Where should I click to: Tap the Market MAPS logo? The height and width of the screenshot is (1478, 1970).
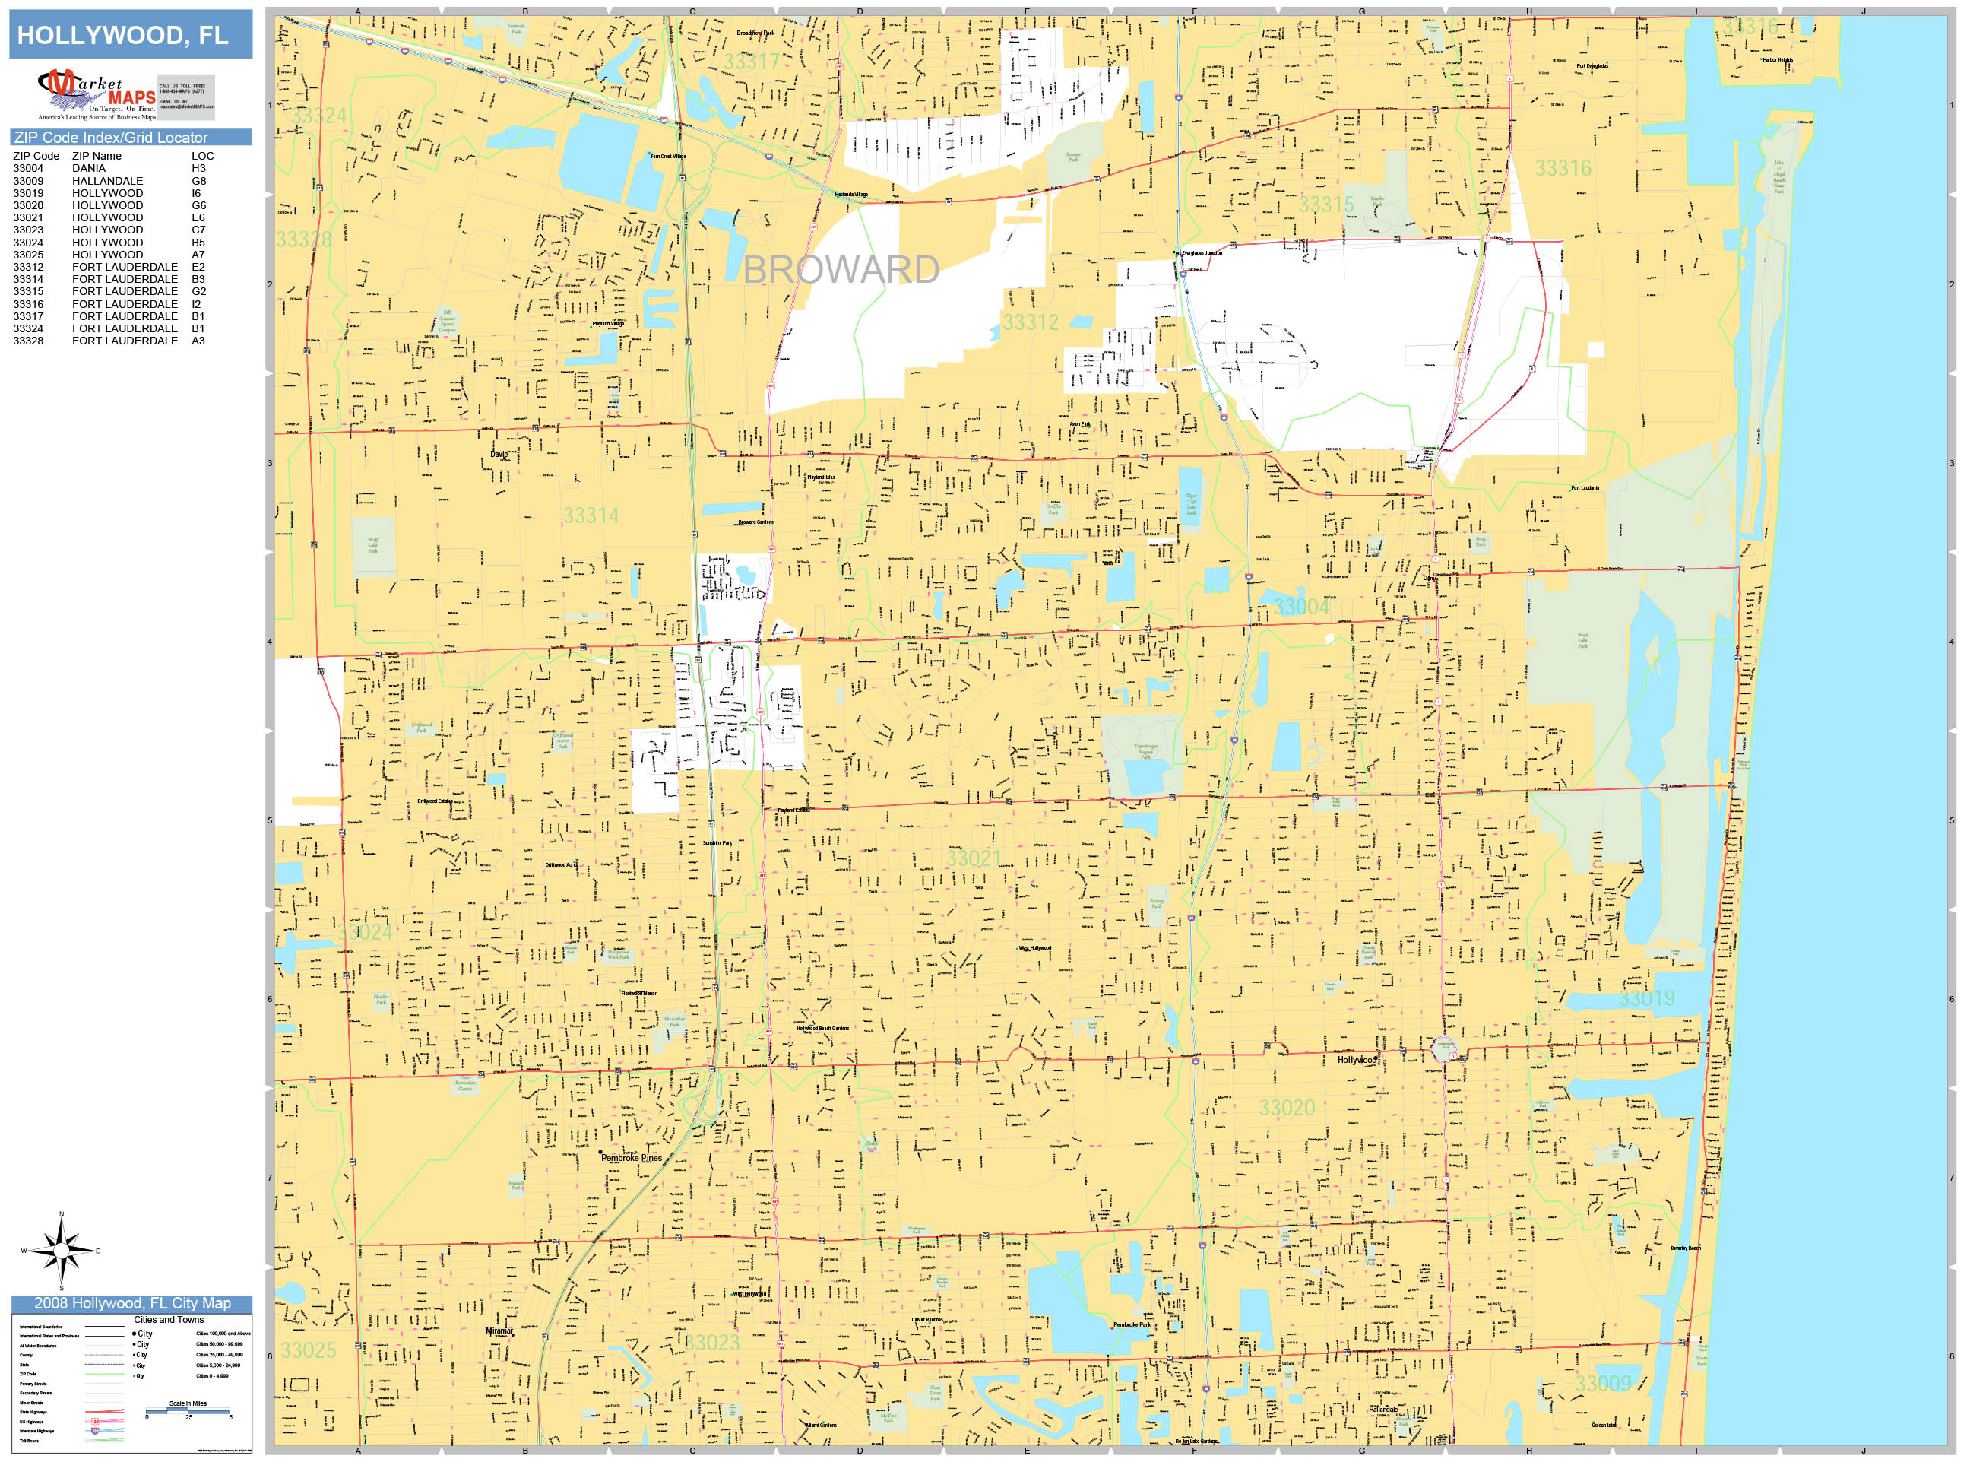(97, 94)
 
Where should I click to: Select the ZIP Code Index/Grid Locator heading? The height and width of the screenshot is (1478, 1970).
(111, 137)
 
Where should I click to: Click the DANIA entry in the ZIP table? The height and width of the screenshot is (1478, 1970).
(88, 168)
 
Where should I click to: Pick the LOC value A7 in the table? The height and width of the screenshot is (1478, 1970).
(198, 255)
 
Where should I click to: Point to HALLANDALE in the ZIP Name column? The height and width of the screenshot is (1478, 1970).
(107, 181)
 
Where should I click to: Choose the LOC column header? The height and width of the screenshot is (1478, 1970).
(202, 156)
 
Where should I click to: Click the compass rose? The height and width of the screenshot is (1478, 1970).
(61, 1250)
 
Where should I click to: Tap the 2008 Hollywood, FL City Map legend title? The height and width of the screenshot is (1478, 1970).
(131, 1303)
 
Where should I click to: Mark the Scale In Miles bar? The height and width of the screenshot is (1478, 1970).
(188, 1410)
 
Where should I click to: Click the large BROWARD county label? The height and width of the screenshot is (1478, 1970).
(841, 270)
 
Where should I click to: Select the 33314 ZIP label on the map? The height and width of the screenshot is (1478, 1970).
(591, 515)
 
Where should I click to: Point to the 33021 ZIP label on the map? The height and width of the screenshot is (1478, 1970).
(974, 858)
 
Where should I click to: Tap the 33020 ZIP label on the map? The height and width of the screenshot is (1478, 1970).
(1286, 1108)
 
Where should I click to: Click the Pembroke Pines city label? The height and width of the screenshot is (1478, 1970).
(632, 1158)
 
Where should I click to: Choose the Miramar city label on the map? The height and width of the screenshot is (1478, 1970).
(499, 1331)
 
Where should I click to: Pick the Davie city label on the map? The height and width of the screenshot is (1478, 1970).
(499, 455)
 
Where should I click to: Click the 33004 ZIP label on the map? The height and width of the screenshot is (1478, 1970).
(1301, 607)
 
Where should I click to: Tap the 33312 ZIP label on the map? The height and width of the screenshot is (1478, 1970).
(1031, 322)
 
